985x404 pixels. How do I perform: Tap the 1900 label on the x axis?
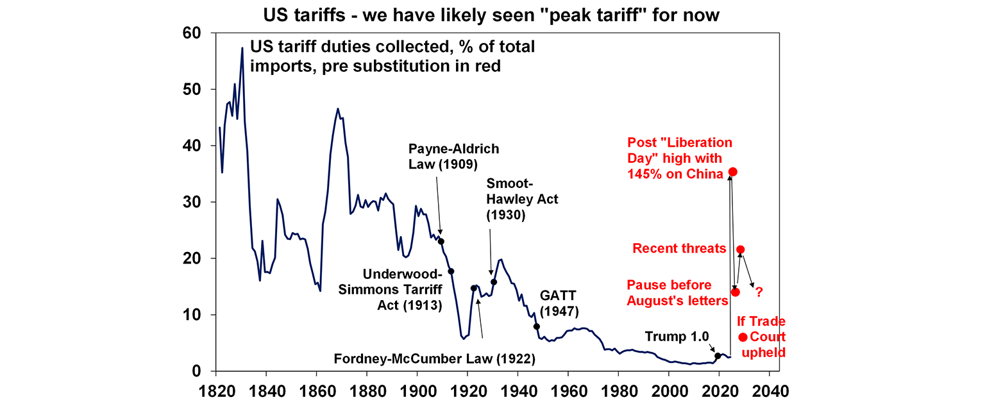pyautogui.click(x=417, y=391)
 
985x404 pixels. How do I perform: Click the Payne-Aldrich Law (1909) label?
pyautogui.click(x=453, y=156)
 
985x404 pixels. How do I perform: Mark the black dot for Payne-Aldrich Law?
pyautogui.click(x=441, y=242)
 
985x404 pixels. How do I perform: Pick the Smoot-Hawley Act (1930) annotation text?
pyautogui.click(x=522, y=199)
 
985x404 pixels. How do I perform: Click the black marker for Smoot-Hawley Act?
pyautogui.click(x=494, y=282)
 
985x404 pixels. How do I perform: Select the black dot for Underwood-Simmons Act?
pyautogui.click(x=451, y=271)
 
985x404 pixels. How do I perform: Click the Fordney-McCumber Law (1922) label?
pyautogui.click(x=434, y=358)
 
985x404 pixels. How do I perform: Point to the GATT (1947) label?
pyautogui.click(x=559, y=303)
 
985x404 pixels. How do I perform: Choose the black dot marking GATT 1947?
pyautogui.click(x=537, y=326)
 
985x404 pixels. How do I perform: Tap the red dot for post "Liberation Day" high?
pyautogui.click(x=733, y=172)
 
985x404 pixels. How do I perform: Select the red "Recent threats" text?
pyautogui.click(x=679, y=248)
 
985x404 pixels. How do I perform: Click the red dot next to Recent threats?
pyautogui.click(x=741, y=249)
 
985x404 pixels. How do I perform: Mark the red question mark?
pyautogui.click(x=759, y=292)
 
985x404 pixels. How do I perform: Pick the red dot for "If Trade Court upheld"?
pyautogui.click(x=743, y=337)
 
